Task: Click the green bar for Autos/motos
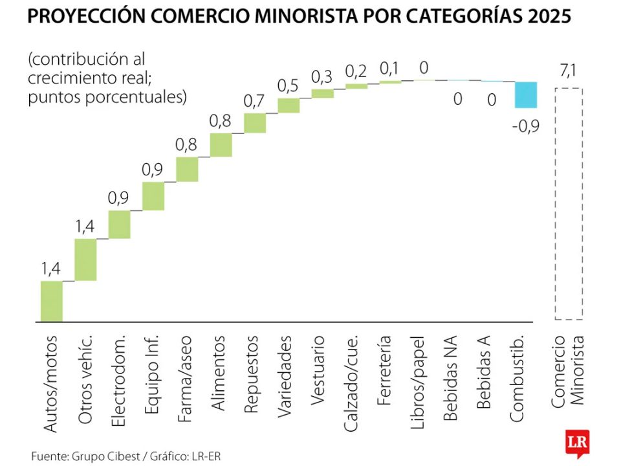click(x=52, y=301)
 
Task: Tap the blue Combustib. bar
click(x=526, y=95)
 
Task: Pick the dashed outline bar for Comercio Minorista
click(x=569, y=204)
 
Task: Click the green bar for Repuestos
click(x=255, y=123)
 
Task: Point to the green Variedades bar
click(x=289, y=105)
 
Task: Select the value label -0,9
click(x=525, y=126)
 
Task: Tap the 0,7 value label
click(x=254, y=101)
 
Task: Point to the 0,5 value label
click(x=289, y=85)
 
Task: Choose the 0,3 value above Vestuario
click(x=322, y=76)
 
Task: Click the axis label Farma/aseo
click(x=186, y=378)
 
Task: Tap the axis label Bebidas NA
click(x=451, y=379)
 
